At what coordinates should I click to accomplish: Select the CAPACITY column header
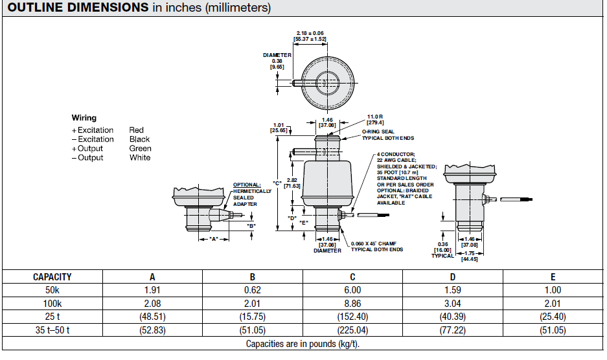[52, 276]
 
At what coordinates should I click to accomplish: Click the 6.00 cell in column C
[352, 290]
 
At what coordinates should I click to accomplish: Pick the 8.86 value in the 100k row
[352, 303]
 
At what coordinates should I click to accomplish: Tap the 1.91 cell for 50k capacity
[152, 290]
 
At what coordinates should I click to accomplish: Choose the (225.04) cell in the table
[352, 329]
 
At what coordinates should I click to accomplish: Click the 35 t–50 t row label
[52, 329]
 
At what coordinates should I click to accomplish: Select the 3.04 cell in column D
[453, 303]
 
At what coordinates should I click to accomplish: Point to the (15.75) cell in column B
[252, 316]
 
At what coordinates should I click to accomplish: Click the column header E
[553, 276]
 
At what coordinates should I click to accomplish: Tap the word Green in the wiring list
[140, 148]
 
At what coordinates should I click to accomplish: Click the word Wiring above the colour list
[84, 118]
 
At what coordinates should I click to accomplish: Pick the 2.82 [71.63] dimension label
[292, 182]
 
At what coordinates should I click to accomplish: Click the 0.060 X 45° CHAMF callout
[376, 247]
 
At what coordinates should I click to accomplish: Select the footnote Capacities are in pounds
[303, 343]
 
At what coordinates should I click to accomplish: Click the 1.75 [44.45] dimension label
[470, 256]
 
